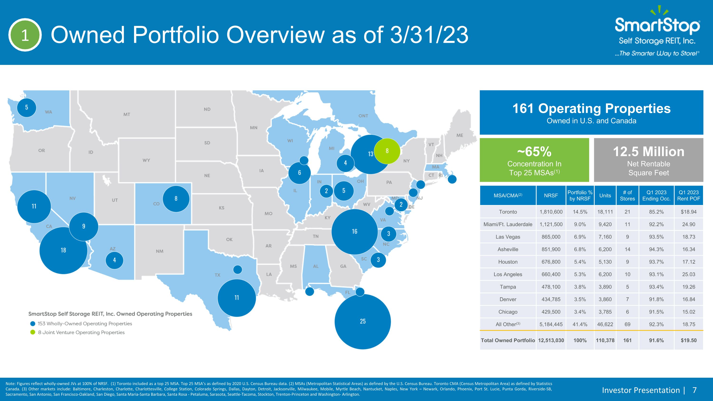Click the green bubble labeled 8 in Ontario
tap(387, 151)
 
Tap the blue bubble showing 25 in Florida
tap(363, 321)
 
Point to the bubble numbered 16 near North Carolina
tap(355, 232)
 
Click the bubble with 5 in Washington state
tap(27, 107)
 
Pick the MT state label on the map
tap(127, 114)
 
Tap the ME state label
tap(460, 135)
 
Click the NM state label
tap(159, 251)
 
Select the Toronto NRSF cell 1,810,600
tap(551, 212)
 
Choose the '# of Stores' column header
tap(627, 195)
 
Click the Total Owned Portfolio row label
tap(508, 340)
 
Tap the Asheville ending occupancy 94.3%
tap(656, 249)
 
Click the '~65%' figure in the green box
tap(534, 152)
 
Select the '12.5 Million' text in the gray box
tap(649, 152)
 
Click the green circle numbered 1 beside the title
tap(25, 35)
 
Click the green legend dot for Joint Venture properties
tap(33, 332)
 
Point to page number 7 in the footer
tap(694, 390)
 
